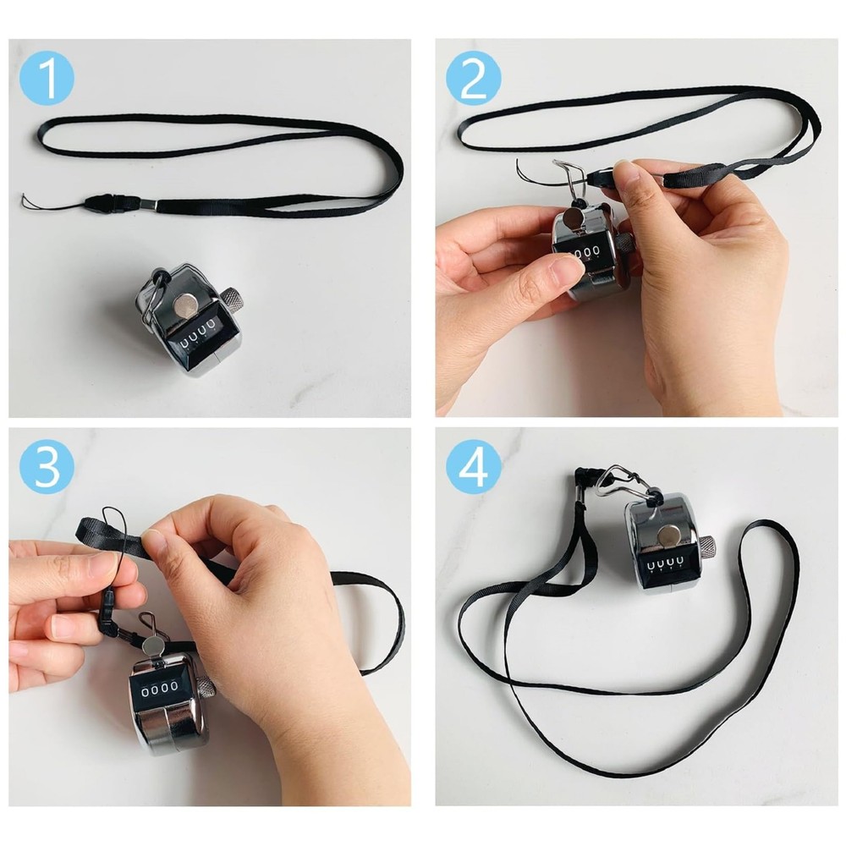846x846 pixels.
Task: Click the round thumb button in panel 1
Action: [x=184, y=302]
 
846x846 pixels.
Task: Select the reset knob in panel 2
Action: [x=623, y=241]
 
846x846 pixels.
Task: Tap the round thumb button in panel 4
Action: [x=668, y=534]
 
